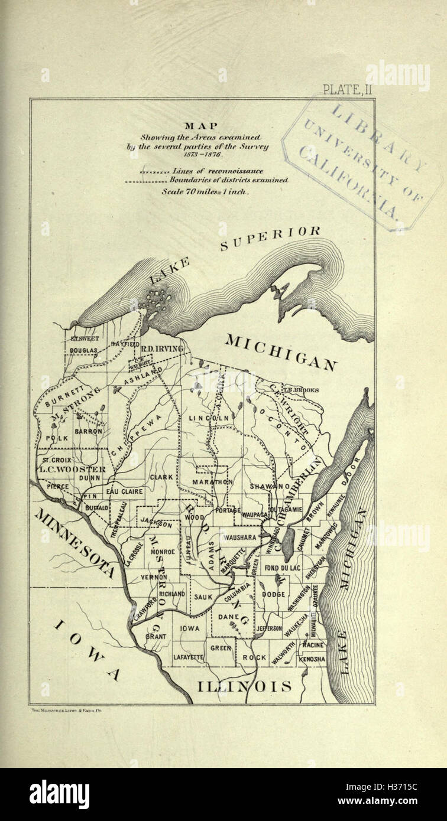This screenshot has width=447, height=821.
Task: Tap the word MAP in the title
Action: [x=201, y=125]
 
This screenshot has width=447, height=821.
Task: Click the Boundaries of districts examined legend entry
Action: [x=228, y=180]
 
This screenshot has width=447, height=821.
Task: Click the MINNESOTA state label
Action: [x=74, y=541]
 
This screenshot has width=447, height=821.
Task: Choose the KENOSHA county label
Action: [x=312, y=658]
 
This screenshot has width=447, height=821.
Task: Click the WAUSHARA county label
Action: [x=238, y=537]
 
